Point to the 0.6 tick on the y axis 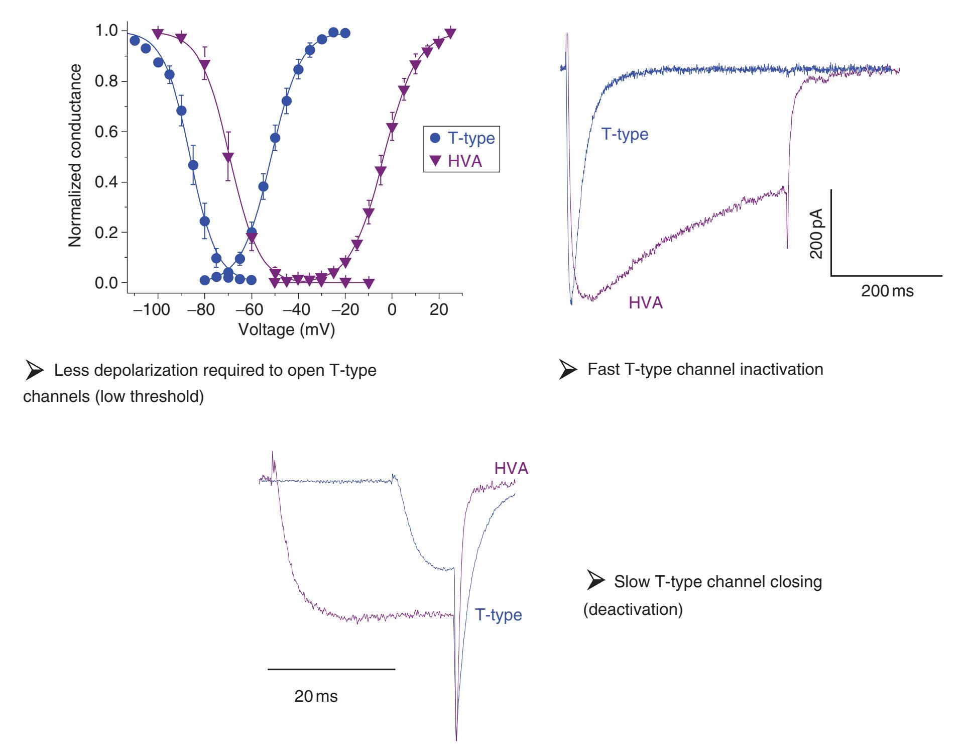(x=106, y=132)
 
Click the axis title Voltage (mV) (x=287, y=330)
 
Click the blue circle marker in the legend (x=435, y=138)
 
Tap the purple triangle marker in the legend (x=435, y=161)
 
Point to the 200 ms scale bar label (x=887, y=291)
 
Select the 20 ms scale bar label (x=316, y=696)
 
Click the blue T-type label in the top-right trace (x=625, y=134)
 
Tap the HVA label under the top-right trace (x=646, y=303)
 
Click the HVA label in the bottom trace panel (x=511, y=469)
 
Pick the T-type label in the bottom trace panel (x=498, y=615)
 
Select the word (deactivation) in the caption (x=633, y=609)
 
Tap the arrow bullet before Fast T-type (x=568, y=370)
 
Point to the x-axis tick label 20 (x=439, y=309)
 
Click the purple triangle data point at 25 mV (x=450, y=34)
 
